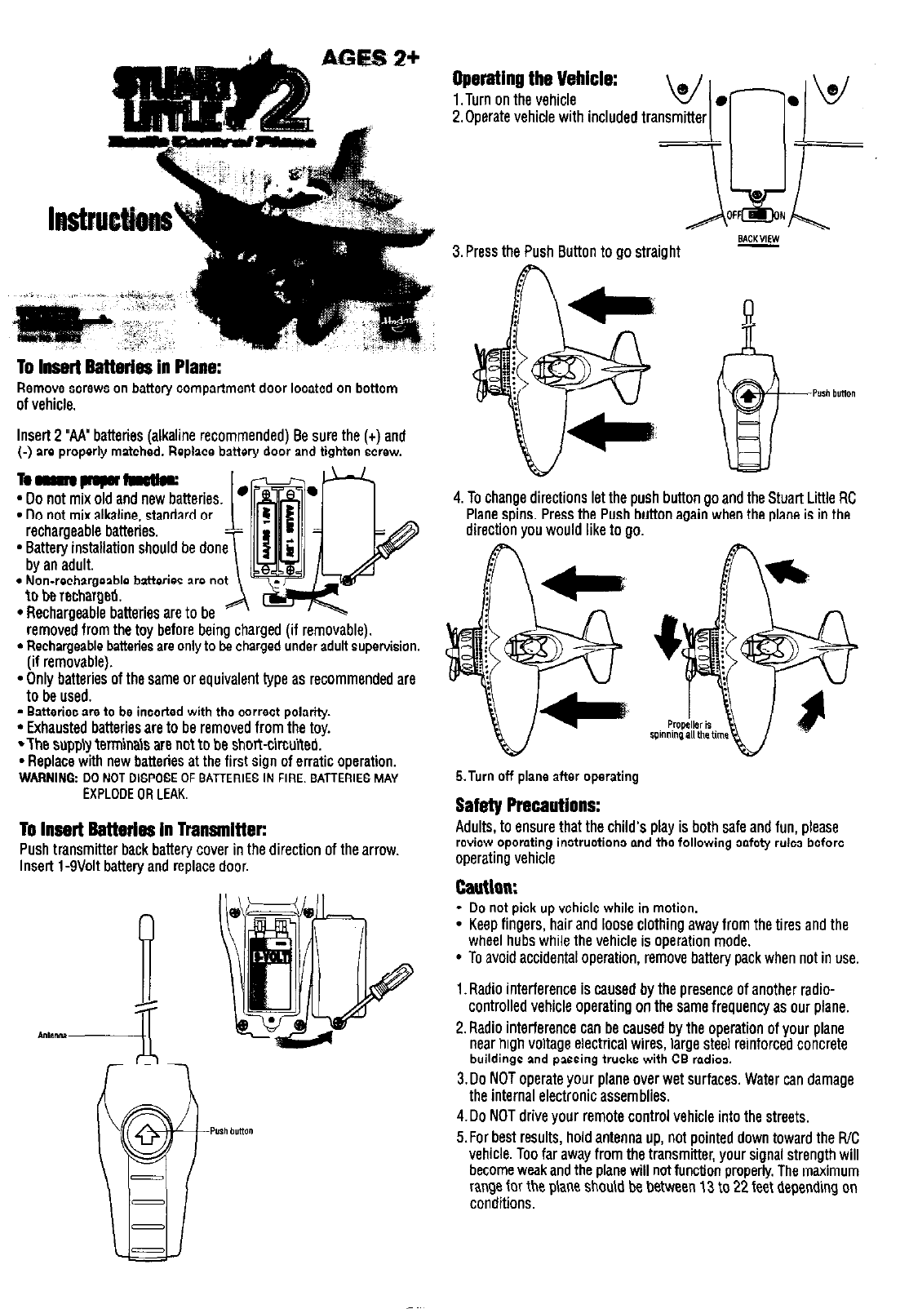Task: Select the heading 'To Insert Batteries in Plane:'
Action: [120, 366]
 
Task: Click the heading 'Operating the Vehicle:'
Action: [534, 81]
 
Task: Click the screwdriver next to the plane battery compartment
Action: [376, 549]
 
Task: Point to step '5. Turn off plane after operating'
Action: [547, 775]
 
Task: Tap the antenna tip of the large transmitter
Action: [147, 927]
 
